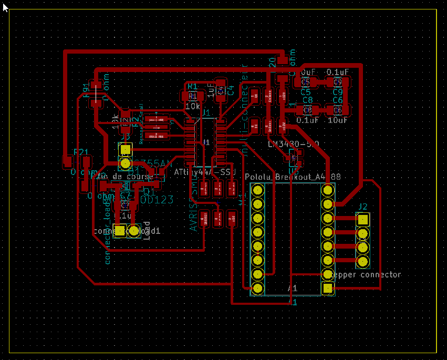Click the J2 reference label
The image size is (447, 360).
pos(363,206)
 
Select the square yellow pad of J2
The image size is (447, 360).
pos(362,220)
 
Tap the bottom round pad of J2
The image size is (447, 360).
pos(362,261)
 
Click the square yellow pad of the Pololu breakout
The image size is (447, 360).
pos(328,288)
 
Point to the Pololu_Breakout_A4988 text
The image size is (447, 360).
pos(293,177)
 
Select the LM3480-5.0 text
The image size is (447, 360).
pos(293,144)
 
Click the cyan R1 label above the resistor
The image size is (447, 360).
pos(192,86)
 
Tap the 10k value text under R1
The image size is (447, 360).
pos(192,106)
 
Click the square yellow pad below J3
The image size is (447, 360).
pos(125,149)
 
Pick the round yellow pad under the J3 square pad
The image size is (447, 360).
pos(125,163)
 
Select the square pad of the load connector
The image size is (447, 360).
pos(120,230)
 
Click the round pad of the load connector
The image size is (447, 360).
pos(133,230)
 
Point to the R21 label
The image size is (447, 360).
pos(81,152)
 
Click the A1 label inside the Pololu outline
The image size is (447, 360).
pos(293,289)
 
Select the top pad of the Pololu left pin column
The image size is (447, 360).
pos(257,189)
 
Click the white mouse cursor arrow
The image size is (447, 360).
pos(5,7)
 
